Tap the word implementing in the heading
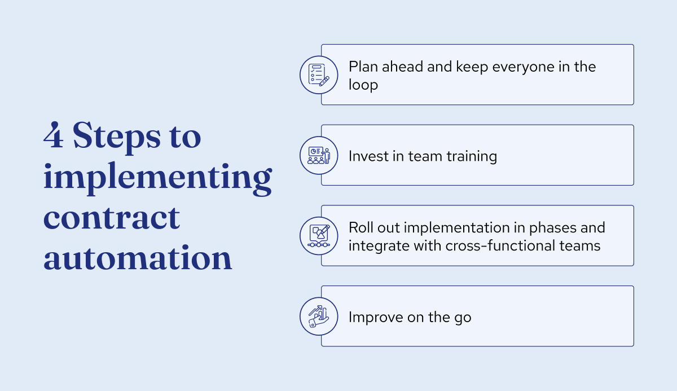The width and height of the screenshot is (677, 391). coord(157,178)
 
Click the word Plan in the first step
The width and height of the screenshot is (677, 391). coord(363,67)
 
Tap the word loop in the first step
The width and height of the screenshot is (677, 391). coord(363,85)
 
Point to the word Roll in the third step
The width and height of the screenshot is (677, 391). coord(361,227)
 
